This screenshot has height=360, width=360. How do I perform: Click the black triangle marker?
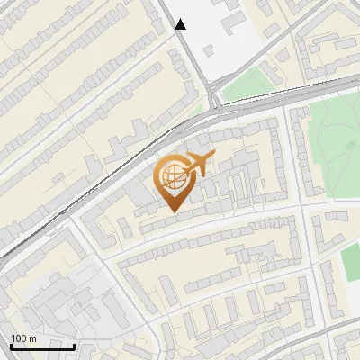pyautogui.click(x=181, y=24)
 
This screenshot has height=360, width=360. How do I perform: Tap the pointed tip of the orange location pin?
pyautogui.click(x=176, y=211)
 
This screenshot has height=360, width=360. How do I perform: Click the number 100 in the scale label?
pyautogui.click(x=19, y=338)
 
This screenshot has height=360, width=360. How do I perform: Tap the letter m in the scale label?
pyautogui.click(x=33, y=338)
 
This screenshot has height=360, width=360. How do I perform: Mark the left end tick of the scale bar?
pyautogui.click(x=12, y=346)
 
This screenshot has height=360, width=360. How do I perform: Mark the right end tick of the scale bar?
pyautogui.click(x=74, y=346)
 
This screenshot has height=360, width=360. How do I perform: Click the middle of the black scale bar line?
pyautogui.click(x=42, y=346)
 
